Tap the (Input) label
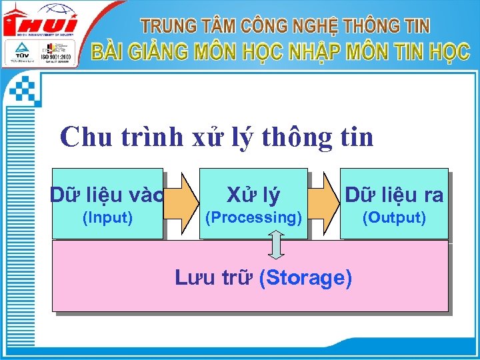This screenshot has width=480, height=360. click(107, 217)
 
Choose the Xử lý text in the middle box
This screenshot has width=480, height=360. click(253, 195)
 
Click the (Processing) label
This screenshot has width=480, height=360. click(253, 217)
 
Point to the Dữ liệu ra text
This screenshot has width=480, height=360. click(394, 195)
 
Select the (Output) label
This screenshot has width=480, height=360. click(393, 217)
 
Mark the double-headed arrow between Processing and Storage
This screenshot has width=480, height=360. click(277, 245)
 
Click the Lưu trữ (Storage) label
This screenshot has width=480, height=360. click(263, 277)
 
